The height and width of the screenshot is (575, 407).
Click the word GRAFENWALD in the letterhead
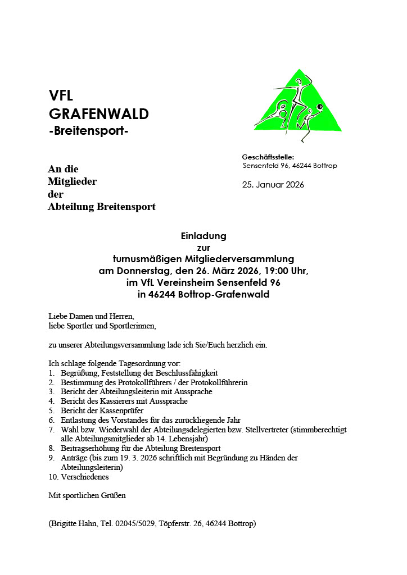[99, 114]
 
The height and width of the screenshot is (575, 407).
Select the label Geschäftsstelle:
[268, 157]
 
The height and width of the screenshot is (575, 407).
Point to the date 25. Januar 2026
[273, 185]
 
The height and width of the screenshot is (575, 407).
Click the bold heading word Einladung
[203, 235]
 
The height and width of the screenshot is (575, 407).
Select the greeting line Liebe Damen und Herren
[91, 316]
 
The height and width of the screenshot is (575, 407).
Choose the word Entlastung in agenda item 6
[79, 419]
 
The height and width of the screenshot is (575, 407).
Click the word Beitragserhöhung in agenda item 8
[90, 448]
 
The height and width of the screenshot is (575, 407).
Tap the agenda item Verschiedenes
[84, 477]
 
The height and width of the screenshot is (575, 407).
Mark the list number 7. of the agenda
[51, 429]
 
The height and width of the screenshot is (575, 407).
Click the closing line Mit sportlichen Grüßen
[87, 495]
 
